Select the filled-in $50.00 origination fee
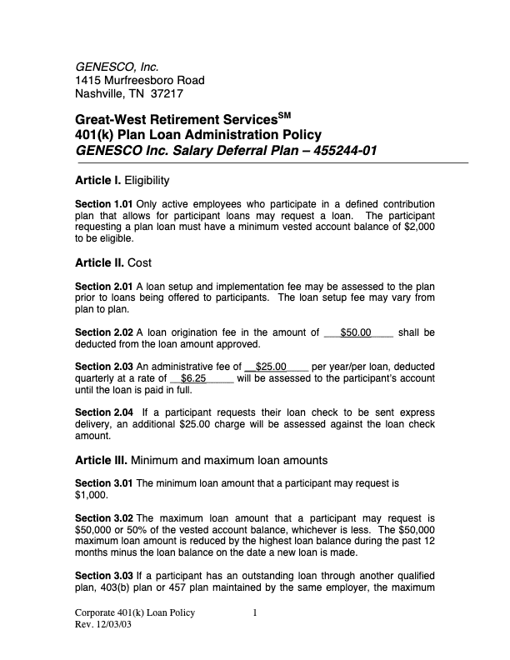tap(356, 332)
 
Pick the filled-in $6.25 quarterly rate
tap(193, 377)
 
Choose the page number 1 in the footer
tap(255, 613)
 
